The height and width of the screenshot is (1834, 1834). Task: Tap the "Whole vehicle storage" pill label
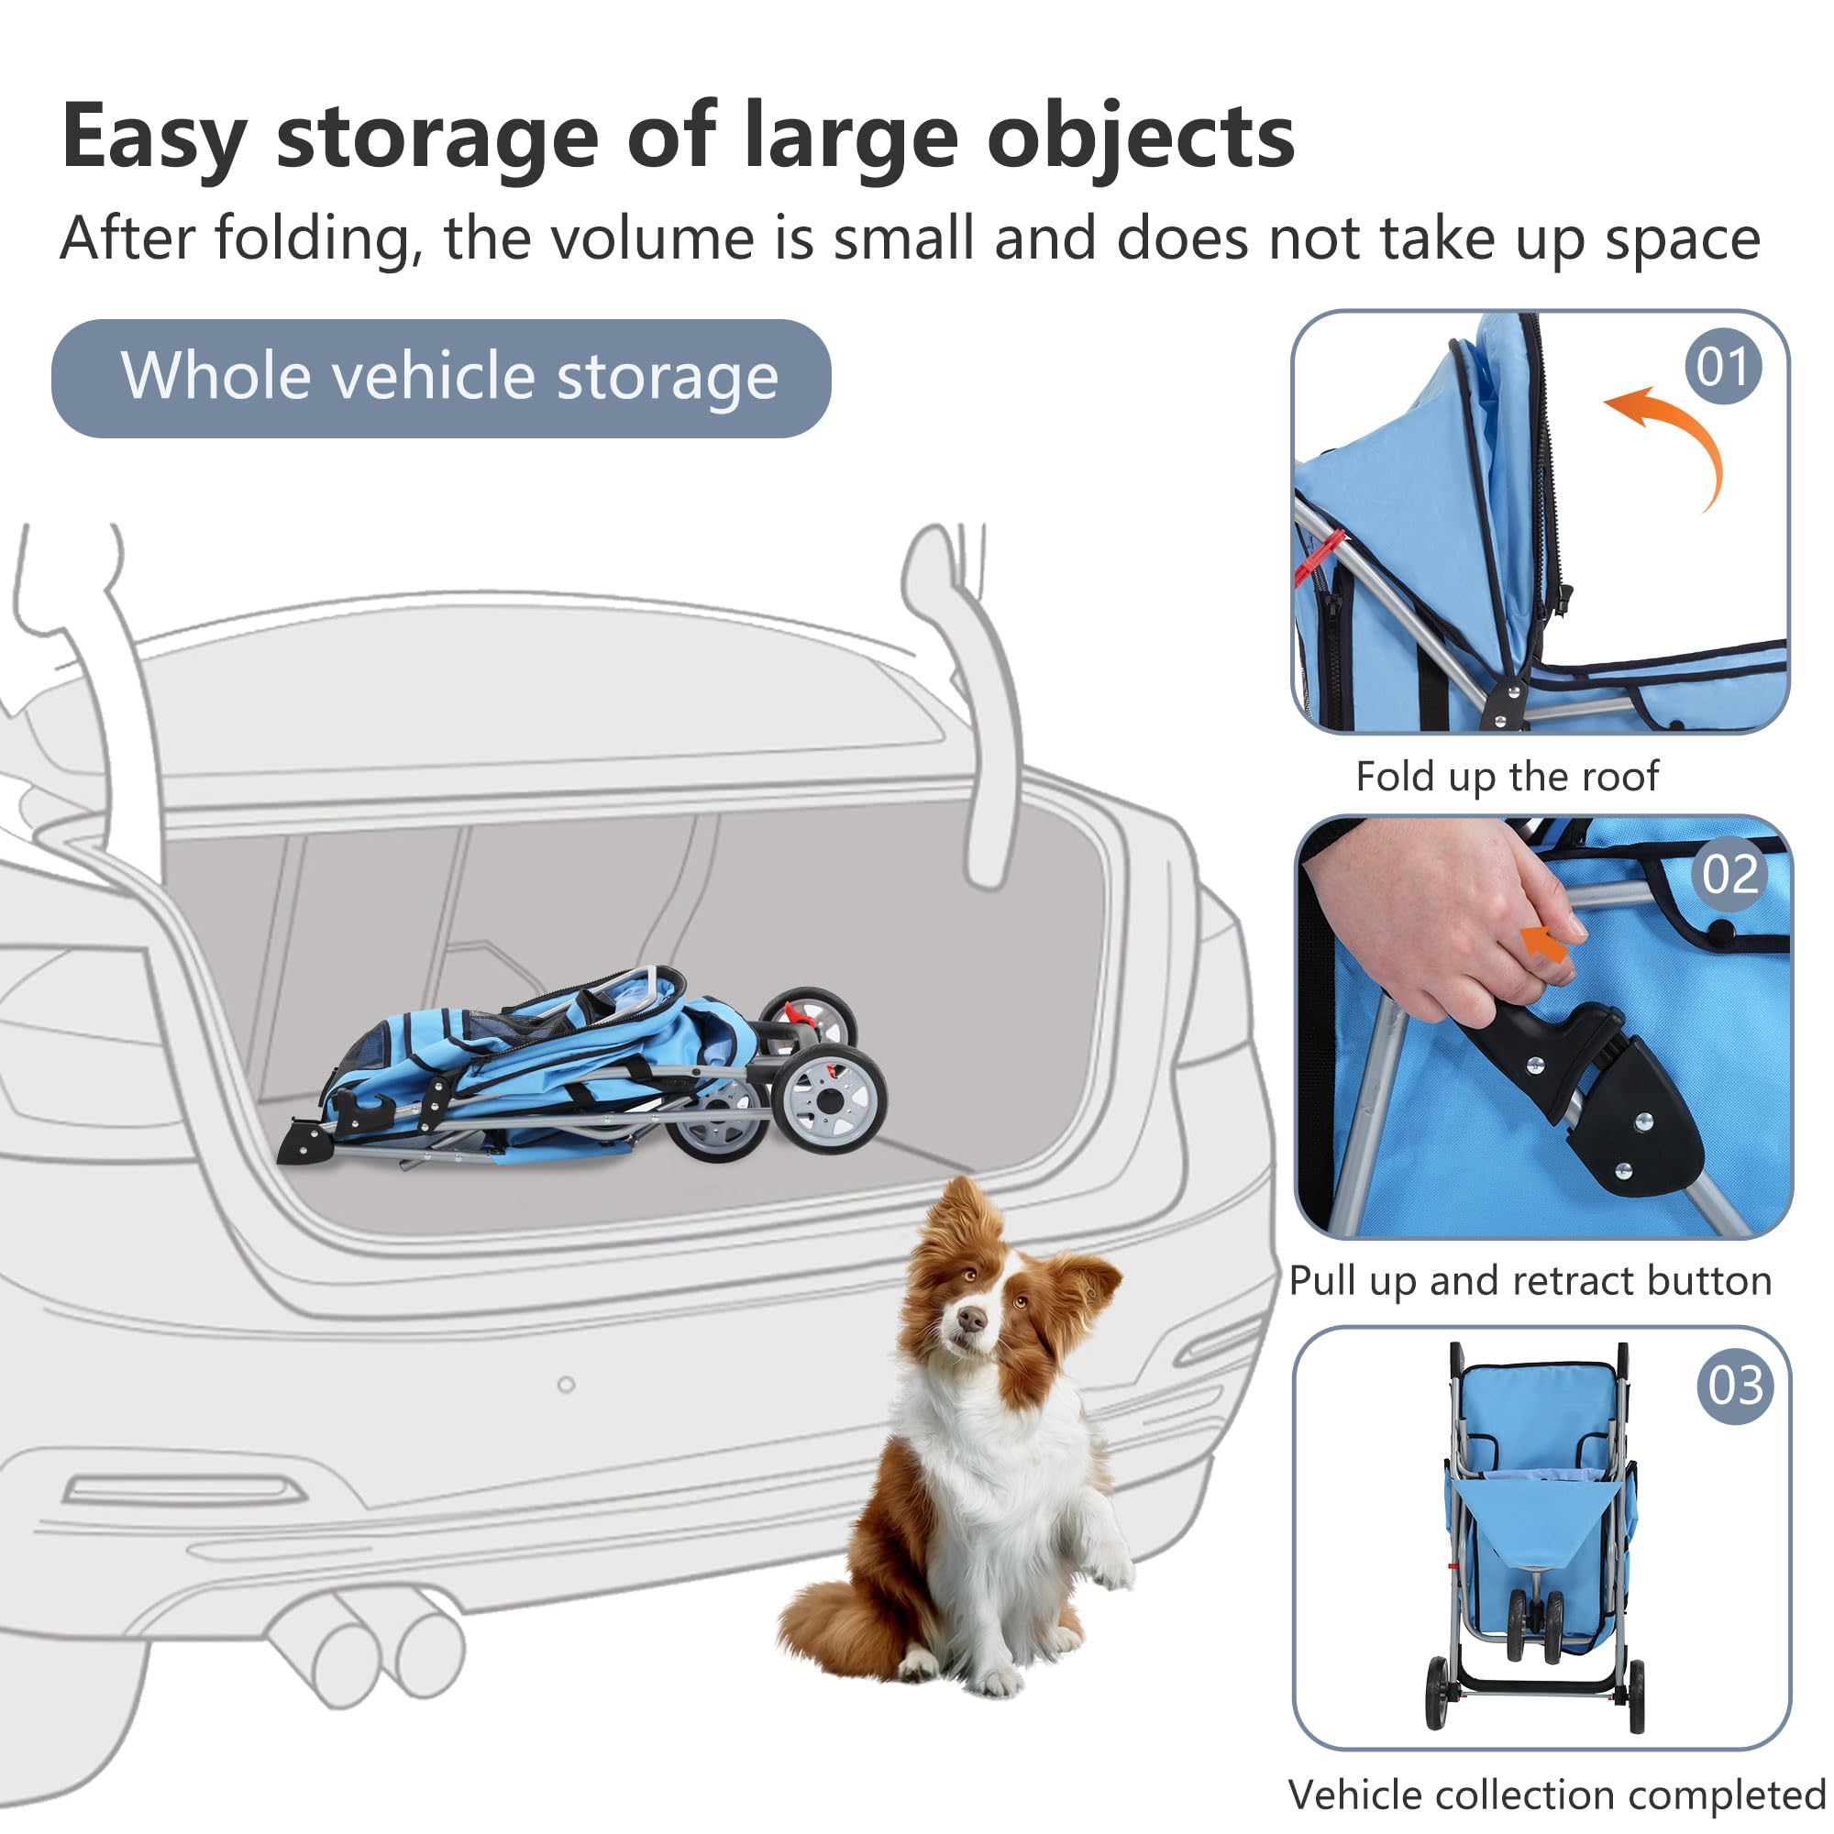click(x=441, y=378)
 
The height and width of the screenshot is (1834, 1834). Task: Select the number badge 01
click(x=1722, y=367)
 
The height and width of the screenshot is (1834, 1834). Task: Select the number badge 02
click(x=1729, y=873)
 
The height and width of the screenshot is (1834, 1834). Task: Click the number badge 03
click(x=1734, y=1385)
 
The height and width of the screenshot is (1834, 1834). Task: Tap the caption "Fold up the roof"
click(x=1507, y=777)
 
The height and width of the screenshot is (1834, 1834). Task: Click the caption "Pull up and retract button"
click(x=1530, y=1280)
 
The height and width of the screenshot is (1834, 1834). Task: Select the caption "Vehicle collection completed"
click(x=1557, y=1795)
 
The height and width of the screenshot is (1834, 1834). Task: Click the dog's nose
click(x=970, y=1318)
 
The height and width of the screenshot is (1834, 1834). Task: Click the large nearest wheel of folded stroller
click(x=828, y=1099)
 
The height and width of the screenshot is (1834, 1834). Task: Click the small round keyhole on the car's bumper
click(x=567, y=1385)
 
